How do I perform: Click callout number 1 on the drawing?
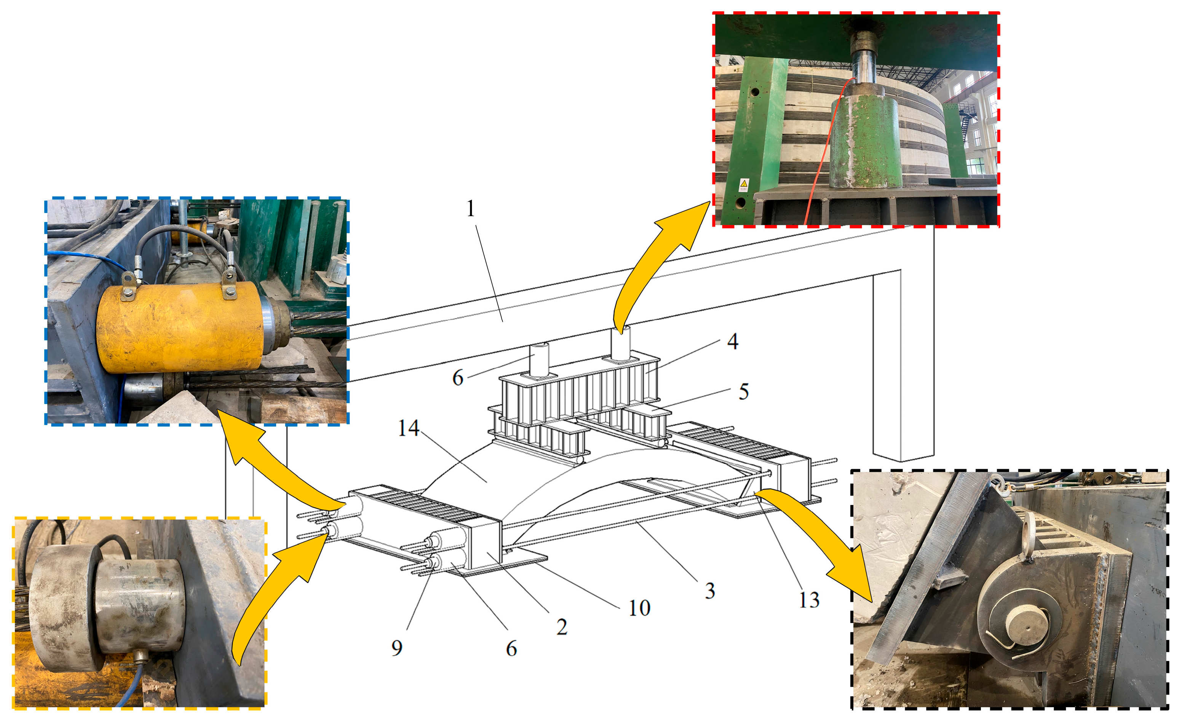(471, 209)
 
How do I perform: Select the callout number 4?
(733, 342)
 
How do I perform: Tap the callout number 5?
(744, 391)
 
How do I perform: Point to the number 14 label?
(409, 428)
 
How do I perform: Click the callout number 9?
(397, 648)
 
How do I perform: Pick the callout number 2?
(562, 627)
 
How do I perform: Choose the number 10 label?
(639, 608)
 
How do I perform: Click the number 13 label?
(809, 600)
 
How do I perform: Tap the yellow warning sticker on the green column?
(744, 184)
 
